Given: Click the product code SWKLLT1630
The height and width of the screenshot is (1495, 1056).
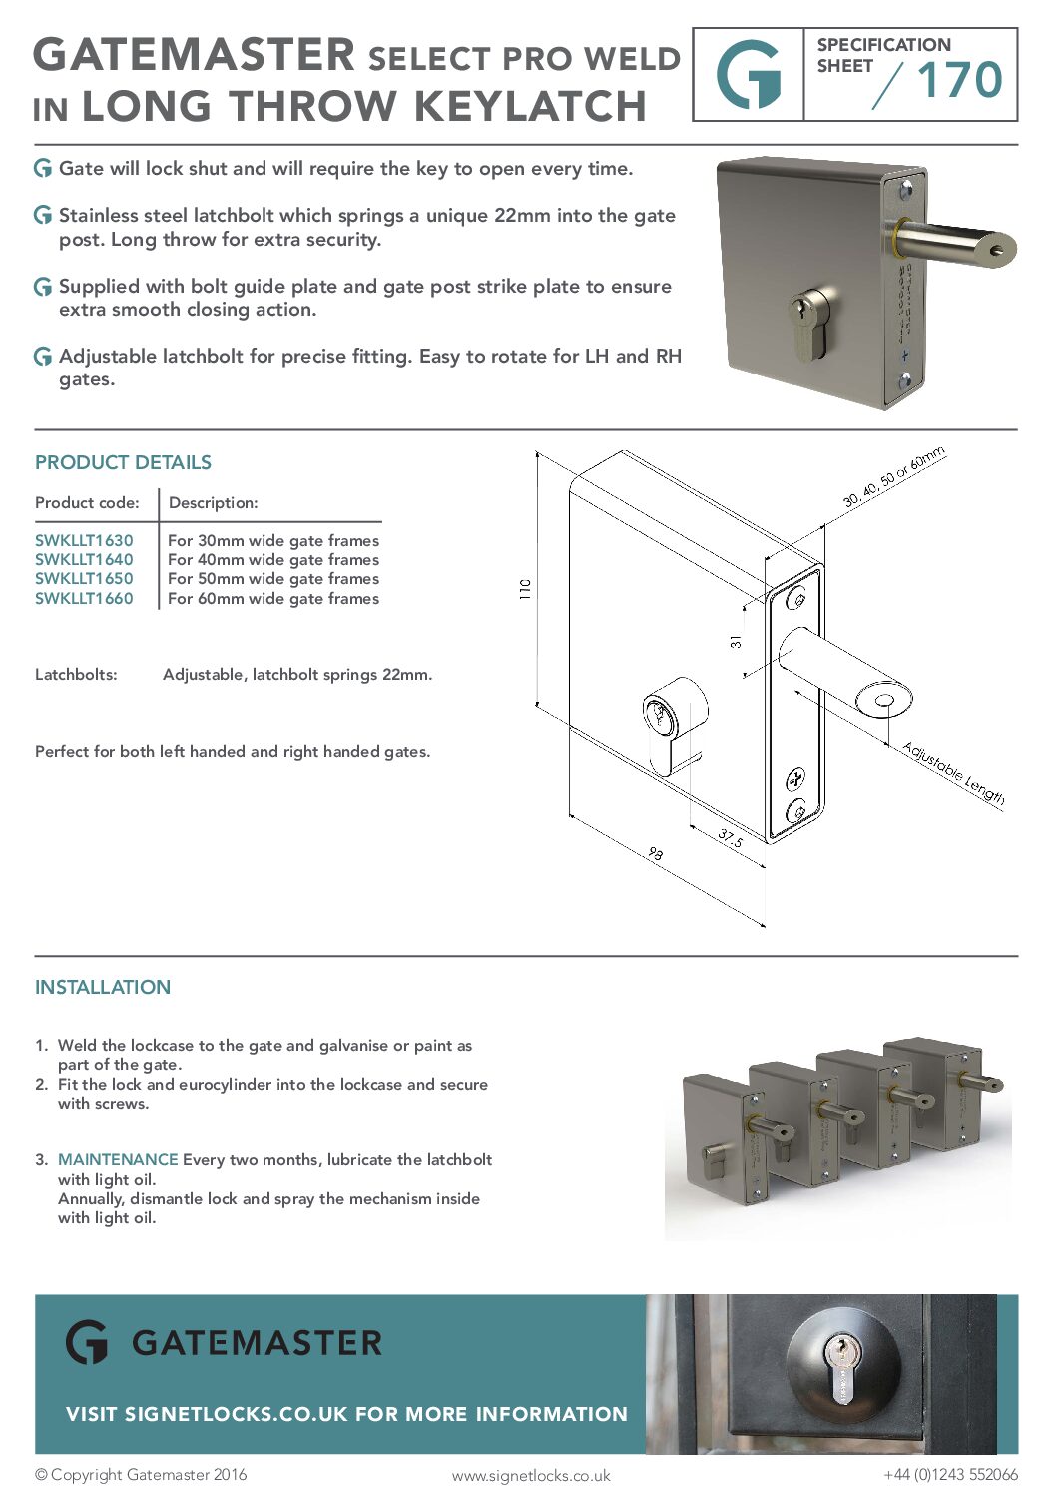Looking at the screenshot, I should point(84,540).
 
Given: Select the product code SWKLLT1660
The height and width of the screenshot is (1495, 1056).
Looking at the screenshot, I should point(84,598).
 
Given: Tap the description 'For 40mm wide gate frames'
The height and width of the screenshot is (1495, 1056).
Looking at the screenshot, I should point(272,559).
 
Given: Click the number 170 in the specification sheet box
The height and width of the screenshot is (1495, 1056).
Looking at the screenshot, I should point(958,80).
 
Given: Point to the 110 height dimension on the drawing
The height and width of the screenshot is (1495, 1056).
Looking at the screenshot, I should point(525,588).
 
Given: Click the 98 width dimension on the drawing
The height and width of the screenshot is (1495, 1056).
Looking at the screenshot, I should point(655,853).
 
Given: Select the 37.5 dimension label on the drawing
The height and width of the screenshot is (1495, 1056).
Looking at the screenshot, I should point(730,838).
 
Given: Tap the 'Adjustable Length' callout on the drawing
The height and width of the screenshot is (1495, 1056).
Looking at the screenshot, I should point(953,772).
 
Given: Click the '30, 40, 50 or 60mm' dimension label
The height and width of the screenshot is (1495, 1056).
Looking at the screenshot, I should point(893,477).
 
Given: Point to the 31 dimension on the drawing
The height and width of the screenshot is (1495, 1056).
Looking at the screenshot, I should point(736,641).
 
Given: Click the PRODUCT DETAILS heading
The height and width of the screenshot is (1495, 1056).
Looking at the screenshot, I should point(123,462).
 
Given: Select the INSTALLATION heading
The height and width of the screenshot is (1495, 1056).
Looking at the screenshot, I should point(103,987).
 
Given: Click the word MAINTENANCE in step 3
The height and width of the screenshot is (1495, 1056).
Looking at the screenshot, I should point(118,1159).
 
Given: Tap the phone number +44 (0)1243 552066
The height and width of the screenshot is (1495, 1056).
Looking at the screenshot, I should point(950,1474).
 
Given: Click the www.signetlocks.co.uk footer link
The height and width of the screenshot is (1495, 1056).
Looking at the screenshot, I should point(530,1475).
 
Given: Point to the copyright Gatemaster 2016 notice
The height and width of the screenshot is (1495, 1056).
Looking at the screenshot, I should point(141,1474).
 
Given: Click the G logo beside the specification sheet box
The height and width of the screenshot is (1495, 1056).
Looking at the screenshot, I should point(749,75).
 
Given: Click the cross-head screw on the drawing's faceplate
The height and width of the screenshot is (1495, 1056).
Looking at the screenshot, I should point(796,778).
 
